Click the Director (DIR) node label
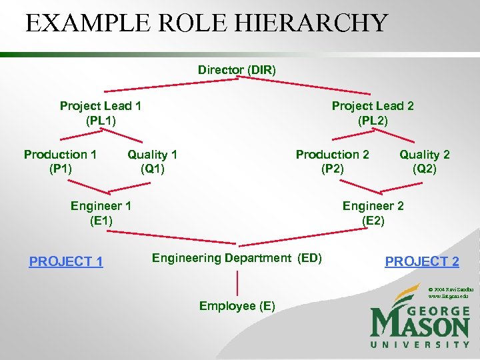pyautogui.click(x=237, y=69)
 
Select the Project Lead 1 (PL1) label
pyautogui.click(x=100, y=113)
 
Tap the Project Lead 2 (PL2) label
pyautogui.click(x=373, y=113)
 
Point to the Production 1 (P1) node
pyautogui.click(x=60, y=161)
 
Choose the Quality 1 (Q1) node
pyautogui.click(x=153, y=161)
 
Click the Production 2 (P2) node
pyautogui.click(x=332, y=161)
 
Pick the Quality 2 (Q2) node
pyautogui.click(x=425, y=161)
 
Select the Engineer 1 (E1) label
pyautogui.click(x=101, y=213)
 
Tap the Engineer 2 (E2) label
pyautogui.click(x=373, y=213)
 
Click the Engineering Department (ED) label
pyautogui.click(x=237, y=258)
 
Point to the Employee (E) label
pyautogui.click(x=237, y=306)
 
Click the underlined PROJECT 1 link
pyautogui.click(x=66, y=261)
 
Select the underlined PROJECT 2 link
pyautogui.click(x=422, y=261)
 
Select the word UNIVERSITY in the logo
pyautogui.click(x=420, y=344)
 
